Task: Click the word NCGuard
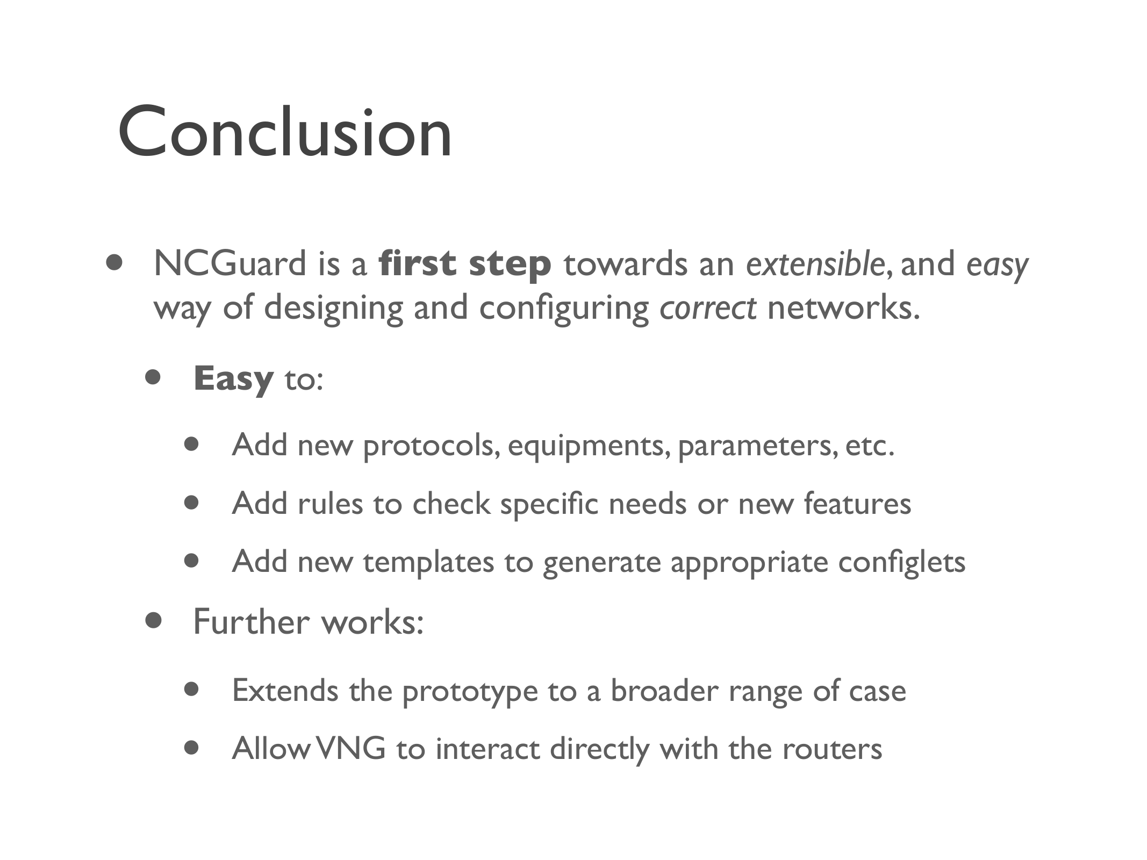pos(230,263)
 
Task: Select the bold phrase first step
pos(465,264)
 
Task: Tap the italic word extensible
pos(815,263)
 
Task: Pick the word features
pos(857,504)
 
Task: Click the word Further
pos(252,622)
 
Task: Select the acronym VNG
pos(350,749)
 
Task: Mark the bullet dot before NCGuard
pos(114,263)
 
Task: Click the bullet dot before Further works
pos(154,621)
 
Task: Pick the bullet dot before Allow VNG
pos(191,748)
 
